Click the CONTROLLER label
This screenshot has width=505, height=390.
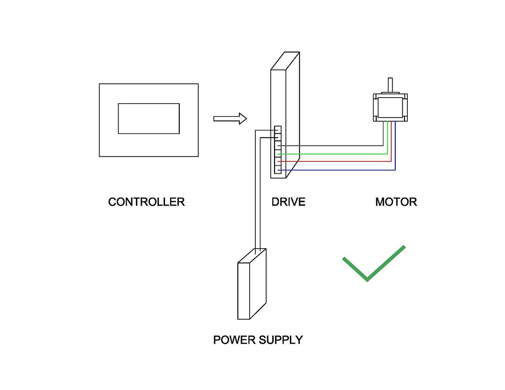point(146,202)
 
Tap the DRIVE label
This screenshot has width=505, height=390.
point(288,202)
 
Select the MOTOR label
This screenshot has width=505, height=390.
point(396,202)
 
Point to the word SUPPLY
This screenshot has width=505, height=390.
point(281,340)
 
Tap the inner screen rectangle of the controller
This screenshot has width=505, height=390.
point(149,118)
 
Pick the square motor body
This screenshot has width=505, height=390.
point(390,108)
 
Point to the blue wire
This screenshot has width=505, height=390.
point(337,170)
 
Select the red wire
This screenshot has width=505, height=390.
point(337,162)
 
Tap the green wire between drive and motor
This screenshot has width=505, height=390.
point(337,154)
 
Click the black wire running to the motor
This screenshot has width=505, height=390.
point(337,146)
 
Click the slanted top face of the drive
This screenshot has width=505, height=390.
point(285,61)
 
